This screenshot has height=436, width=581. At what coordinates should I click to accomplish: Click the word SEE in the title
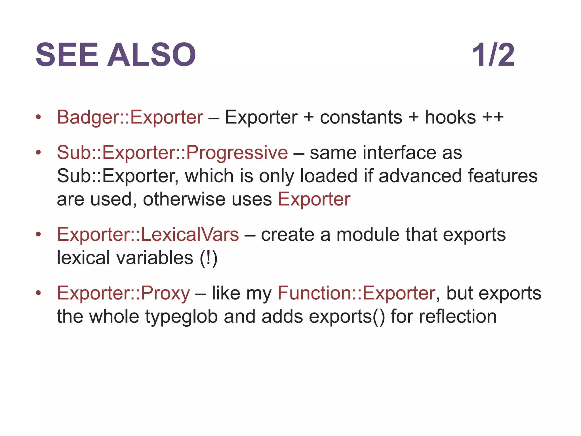(x=67, y=55)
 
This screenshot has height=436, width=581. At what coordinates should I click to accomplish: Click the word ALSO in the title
(x=151, y=55)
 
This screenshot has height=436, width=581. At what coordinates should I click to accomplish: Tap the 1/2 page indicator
(x=493, y=55)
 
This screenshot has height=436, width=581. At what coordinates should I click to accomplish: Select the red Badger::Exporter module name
(x=130, y=117)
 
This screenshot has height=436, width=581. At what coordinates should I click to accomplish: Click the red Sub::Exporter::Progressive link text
(x=172, y=152)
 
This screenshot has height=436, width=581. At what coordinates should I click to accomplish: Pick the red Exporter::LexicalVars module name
(x=148, y=234)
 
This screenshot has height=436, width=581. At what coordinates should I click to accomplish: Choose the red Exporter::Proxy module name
(x=123, y=293)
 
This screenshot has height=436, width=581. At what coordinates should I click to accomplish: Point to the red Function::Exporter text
(x=356, y=293)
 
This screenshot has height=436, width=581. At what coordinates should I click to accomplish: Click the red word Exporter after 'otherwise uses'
(x=314, y=199)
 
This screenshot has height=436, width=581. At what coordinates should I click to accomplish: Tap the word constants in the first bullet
(x=361, y=117)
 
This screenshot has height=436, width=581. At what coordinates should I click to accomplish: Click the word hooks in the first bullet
(x=450, y=117)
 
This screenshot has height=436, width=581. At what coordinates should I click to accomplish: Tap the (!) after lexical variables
(x=209, y=258)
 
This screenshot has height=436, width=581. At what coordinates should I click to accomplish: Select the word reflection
(x=458, y=316)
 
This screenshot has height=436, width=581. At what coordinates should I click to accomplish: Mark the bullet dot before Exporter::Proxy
(x=38, y=293)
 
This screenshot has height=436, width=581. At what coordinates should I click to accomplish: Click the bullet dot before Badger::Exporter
(x=38, y=117)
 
